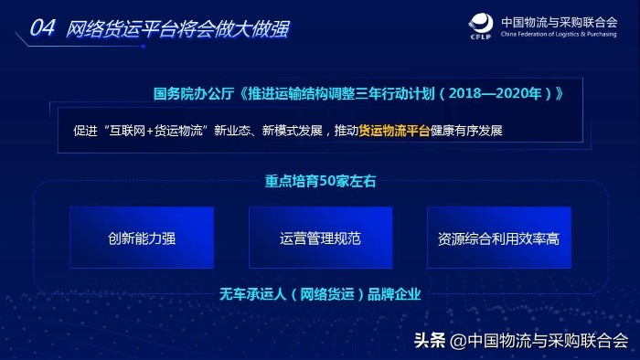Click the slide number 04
45,28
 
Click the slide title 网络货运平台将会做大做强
178,28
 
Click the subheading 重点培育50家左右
319,181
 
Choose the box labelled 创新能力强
142,238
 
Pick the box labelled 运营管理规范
320,238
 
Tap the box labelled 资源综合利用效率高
498,238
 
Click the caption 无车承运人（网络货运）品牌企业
319,294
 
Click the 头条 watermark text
430,341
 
